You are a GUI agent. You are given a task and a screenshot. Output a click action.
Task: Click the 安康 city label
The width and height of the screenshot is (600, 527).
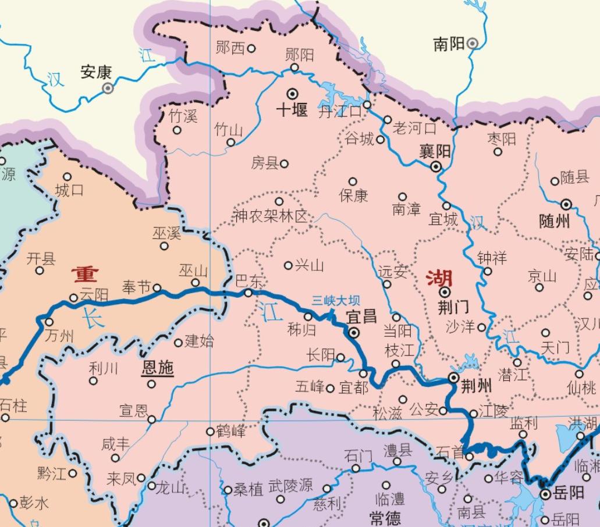(x=95, y=73)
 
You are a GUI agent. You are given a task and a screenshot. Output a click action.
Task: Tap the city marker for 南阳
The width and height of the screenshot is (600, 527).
(x=473, y=43)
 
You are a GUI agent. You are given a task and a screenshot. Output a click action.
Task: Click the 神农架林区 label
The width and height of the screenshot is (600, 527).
(x=270, y=216)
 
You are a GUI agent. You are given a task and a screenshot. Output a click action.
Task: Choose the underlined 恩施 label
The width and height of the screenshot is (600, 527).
(x=158, y=368)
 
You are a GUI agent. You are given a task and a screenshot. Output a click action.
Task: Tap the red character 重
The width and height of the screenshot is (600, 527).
(x=85, y=273)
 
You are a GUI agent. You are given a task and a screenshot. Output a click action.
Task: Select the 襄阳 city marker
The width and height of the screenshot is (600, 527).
(x=435, y=167)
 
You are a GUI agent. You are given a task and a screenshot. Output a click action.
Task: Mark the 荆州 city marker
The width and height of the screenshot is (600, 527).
(x=453, y=378)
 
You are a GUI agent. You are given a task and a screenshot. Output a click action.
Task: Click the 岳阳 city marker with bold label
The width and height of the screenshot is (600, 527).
(x=545, y=494)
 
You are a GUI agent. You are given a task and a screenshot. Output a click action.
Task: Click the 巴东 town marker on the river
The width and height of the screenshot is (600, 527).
(x=248, y=293)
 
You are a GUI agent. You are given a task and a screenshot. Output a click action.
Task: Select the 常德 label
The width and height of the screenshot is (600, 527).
(x=386, y=517)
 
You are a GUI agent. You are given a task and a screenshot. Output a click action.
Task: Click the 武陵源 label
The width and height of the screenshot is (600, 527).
(x=290, y=486)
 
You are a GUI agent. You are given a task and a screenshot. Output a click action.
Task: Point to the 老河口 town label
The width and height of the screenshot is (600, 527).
(x=414, y=127)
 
